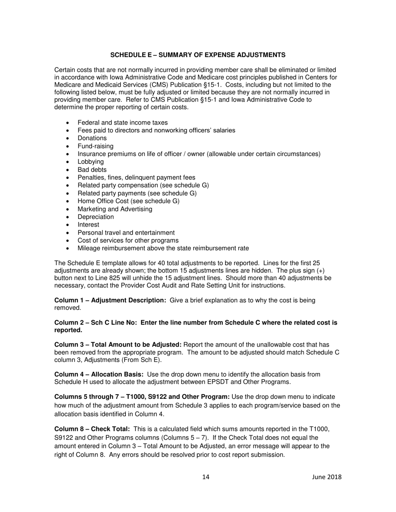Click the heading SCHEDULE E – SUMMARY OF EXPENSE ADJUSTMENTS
tap(198, 55)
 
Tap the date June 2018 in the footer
tap(326, 477)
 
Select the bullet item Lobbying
tap(90, 162)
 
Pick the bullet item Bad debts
tap(92, 170)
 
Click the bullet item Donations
tap(92, 138)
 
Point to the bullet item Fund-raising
tap(95, 146)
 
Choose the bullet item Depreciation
tap(95, 217)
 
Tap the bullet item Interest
tap(88, 225)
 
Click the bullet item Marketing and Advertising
tap(115, 209)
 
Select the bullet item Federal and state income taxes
tap(123, 122)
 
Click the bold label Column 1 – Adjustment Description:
tap(110, 300)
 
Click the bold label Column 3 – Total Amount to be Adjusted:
tap(118, 345)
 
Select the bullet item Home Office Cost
tap(128, 201)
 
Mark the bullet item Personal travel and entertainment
tap(126, 233)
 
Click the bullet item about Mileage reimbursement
tap(163, 249)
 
